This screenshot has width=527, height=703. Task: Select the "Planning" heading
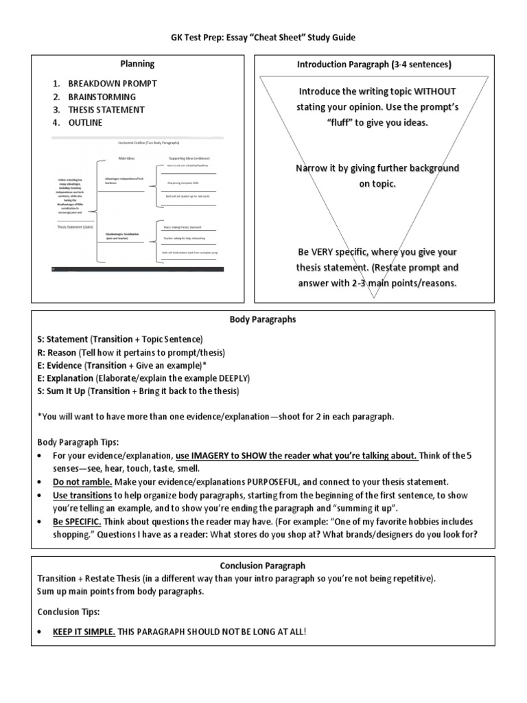coord(137,64)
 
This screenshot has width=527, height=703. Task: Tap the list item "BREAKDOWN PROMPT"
coord(113,83)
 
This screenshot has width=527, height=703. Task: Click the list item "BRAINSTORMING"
coord(102,96)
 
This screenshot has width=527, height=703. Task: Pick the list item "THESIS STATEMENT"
coord(106,109)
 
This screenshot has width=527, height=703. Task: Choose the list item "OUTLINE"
coord(85,122)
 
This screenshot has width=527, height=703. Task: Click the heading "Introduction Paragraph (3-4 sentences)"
coord(374,65)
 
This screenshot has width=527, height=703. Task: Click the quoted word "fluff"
coord(345,122)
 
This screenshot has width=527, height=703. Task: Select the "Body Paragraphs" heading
coord(263,319)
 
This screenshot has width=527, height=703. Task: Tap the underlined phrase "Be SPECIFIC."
coord(78,521)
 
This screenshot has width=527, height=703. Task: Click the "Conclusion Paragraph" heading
coord(263,566)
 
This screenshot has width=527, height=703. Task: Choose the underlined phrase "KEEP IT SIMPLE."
coord(84,631)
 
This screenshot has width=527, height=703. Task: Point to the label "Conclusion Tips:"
coord(69,611)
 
